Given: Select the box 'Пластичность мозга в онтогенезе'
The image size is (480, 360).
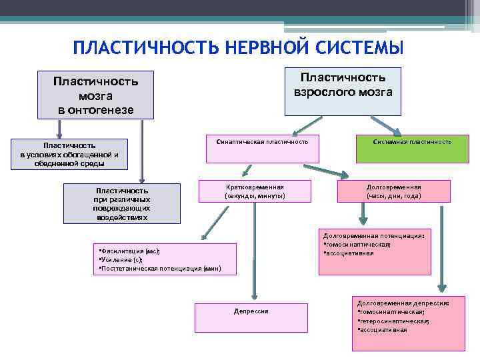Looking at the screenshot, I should click(95, 95).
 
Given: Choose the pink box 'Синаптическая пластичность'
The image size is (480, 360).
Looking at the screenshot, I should click(262, 149).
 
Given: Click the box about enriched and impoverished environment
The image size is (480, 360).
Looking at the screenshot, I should click(69, 155).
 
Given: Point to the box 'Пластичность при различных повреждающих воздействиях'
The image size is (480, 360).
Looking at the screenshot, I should click(122, 203).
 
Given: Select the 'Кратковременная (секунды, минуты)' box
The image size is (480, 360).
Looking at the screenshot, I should click(255, 191).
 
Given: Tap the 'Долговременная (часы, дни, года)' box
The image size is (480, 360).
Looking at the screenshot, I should click(393, 191).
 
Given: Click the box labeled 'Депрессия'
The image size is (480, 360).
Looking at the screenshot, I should click(251, 317).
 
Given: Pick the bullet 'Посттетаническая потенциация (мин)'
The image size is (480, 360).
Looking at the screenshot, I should click(159, 269).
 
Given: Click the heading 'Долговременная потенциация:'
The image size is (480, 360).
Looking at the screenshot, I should click(373, 235).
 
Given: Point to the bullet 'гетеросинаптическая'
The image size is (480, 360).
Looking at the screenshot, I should click(393, 321).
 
